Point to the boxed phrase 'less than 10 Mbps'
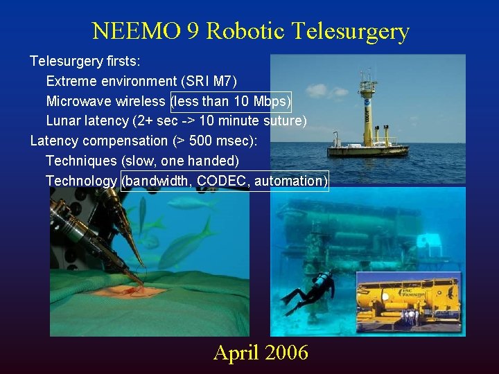click(x=231, y=101)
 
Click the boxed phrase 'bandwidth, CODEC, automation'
click(x=225, y=181)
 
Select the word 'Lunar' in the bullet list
click(x=63, y=121)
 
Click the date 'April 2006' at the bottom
click(x=261, y=353)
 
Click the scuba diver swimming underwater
click(x=312, y=290)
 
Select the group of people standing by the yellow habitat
click(x=410, y=318)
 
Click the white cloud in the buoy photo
click(x=317, y=90)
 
